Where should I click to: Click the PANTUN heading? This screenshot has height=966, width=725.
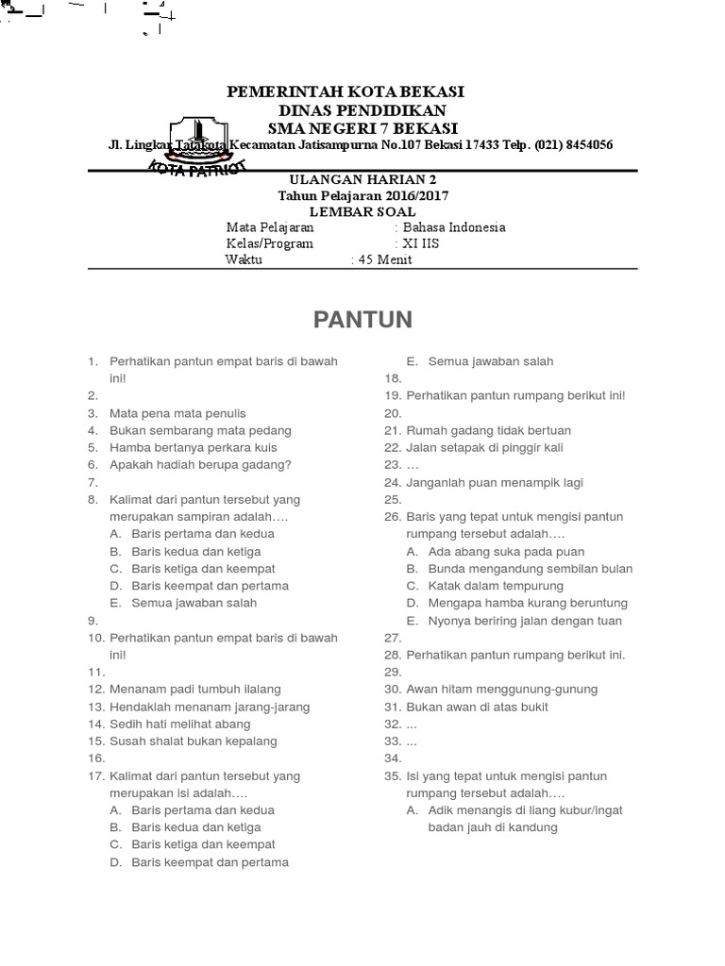[362, 320]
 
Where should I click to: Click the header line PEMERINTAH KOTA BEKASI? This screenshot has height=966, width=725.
[346, 92]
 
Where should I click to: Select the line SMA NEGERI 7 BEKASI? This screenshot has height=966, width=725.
[362, 127]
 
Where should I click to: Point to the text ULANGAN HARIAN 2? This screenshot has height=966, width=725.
[362, 180]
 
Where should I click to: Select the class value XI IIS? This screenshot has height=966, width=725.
[421, 243]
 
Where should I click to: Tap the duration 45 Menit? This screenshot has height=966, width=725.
[384, 259]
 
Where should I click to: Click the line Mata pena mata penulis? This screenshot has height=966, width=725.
[177, 413]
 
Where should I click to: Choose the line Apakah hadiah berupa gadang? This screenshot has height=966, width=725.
[200, 464]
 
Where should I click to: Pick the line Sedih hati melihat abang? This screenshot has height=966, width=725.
[180, 724]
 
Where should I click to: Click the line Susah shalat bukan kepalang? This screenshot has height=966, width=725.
[194, 741]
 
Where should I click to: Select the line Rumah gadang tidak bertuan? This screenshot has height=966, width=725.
[489, 430]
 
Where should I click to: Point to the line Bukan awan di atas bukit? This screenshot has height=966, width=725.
[478, 707]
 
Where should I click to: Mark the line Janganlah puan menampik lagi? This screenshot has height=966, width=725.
[495, 482]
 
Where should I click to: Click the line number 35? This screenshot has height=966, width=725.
[393, 776]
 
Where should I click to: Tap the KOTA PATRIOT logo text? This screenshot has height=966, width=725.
[198, 166]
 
